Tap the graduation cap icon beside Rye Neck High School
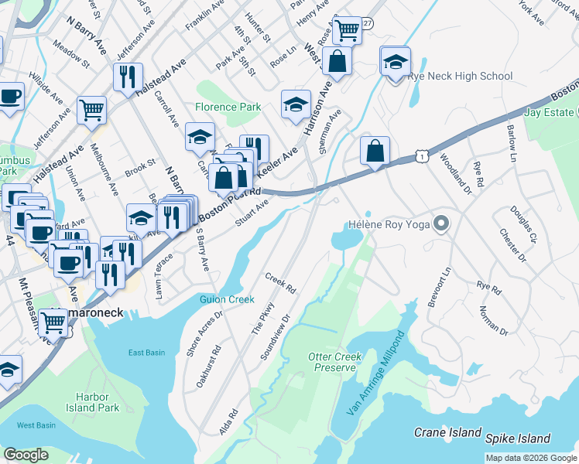tap(396, 64)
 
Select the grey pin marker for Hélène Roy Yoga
tap(441, 224)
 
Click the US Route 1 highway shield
tap(420, 157)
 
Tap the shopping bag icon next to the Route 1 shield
tap(375, 151)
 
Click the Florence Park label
tap(228, 107)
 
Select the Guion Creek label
tap(227, 299)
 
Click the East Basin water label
tap(146, 353)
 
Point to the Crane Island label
tap(447, 433)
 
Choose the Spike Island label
tap(518, 438)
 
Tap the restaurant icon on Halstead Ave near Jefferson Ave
tap(125, 77)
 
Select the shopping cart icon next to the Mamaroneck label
tap(53, 321)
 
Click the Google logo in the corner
tap(26, 455)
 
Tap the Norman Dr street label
tap(493, 321)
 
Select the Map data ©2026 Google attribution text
tap(531, 458)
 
